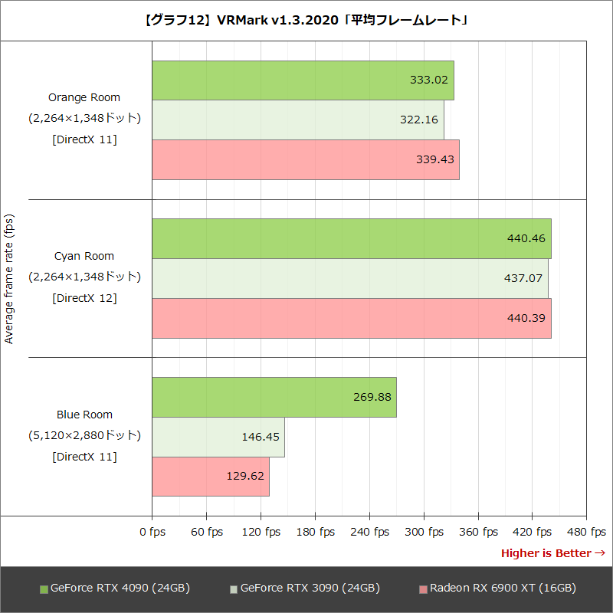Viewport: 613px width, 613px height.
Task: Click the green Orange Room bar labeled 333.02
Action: pos(303,80)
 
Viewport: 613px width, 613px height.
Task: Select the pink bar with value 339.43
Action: pos(305,159)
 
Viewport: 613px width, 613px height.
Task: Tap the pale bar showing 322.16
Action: pos(297,120)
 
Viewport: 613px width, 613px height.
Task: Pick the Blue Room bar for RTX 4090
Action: pos(274,397)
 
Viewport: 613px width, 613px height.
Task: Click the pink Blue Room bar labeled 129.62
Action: pos(210,477)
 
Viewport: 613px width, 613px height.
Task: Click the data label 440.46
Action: pos(526,238)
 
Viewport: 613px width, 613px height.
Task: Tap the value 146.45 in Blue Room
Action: pos(260,437)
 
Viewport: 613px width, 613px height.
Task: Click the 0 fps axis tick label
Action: pos(152,532)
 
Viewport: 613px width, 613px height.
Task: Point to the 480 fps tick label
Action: pos(586,532)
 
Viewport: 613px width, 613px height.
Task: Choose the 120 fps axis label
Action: pos(261,532)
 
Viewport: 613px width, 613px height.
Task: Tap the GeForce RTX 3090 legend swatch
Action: pos(234,589)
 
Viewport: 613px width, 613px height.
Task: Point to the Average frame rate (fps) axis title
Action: pos(9,279)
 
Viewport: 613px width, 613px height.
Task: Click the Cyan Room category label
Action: pos(84,256)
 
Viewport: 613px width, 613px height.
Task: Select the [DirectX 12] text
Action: pos(84,298)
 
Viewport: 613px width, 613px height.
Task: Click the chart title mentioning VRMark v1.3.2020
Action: pos(306,20)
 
